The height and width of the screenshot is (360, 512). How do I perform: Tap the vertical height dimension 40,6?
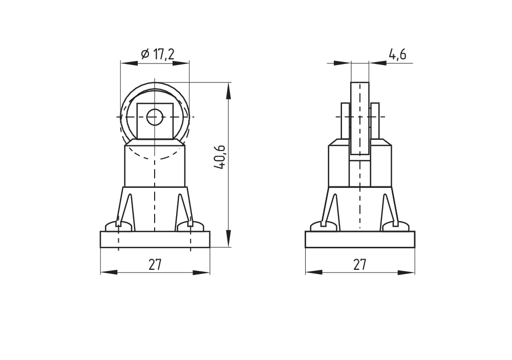coord(220,157)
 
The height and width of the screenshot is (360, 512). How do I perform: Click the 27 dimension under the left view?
coord(155,264)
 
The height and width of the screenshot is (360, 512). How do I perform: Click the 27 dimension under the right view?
coord(359,264)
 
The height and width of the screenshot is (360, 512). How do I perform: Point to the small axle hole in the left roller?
coord(153,117)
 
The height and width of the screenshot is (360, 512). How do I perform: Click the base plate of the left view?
coord(155,239)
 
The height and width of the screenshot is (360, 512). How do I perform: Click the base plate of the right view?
coord(359,239)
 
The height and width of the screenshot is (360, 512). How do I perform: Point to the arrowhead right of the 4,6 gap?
coord(376,63)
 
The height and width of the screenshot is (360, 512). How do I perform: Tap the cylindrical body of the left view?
coord(155,164)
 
